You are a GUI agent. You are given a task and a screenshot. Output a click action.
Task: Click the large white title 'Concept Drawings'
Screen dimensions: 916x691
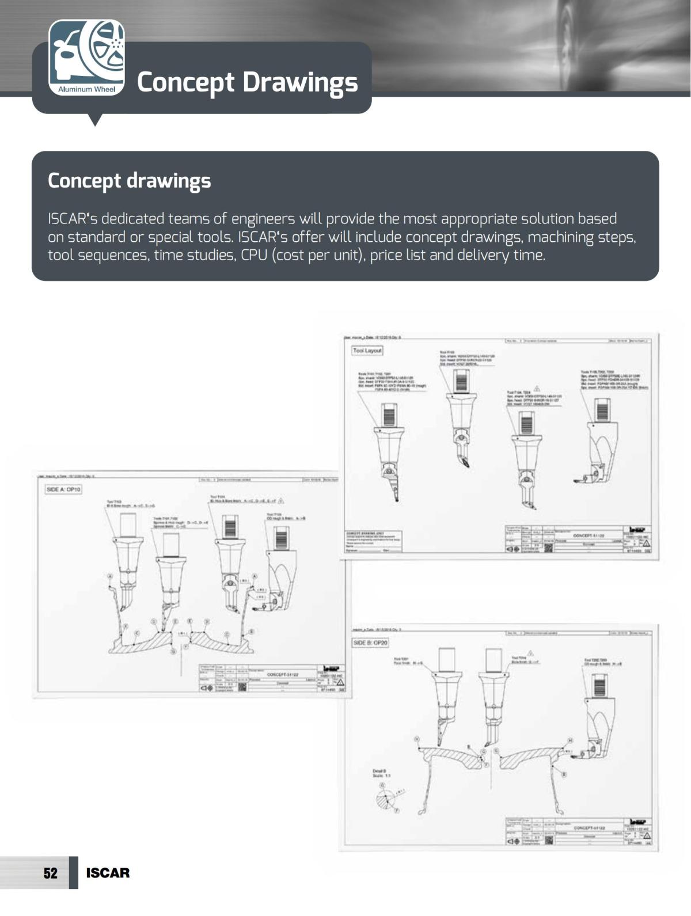(247, 82)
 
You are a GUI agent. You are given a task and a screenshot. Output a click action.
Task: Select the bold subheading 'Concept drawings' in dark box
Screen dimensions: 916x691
(129, 181)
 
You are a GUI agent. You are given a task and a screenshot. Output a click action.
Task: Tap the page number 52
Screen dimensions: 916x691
(51, 873)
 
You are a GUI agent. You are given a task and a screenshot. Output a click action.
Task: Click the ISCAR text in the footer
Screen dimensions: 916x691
(108, 873)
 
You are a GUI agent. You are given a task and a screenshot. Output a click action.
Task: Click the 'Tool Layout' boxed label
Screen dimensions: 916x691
(367, 350)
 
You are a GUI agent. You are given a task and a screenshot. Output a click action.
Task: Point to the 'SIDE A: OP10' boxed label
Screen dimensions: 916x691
(63, 489)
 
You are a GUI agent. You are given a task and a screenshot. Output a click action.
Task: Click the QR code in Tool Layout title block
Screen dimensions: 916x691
(548, 548)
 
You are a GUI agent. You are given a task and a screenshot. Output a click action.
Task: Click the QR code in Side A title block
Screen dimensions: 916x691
(242, 687)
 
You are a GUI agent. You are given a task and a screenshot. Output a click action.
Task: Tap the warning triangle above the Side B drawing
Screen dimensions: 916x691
(530, 652)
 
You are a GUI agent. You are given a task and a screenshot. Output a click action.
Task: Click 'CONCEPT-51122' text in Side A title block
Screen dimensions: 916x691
(283, 674)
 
